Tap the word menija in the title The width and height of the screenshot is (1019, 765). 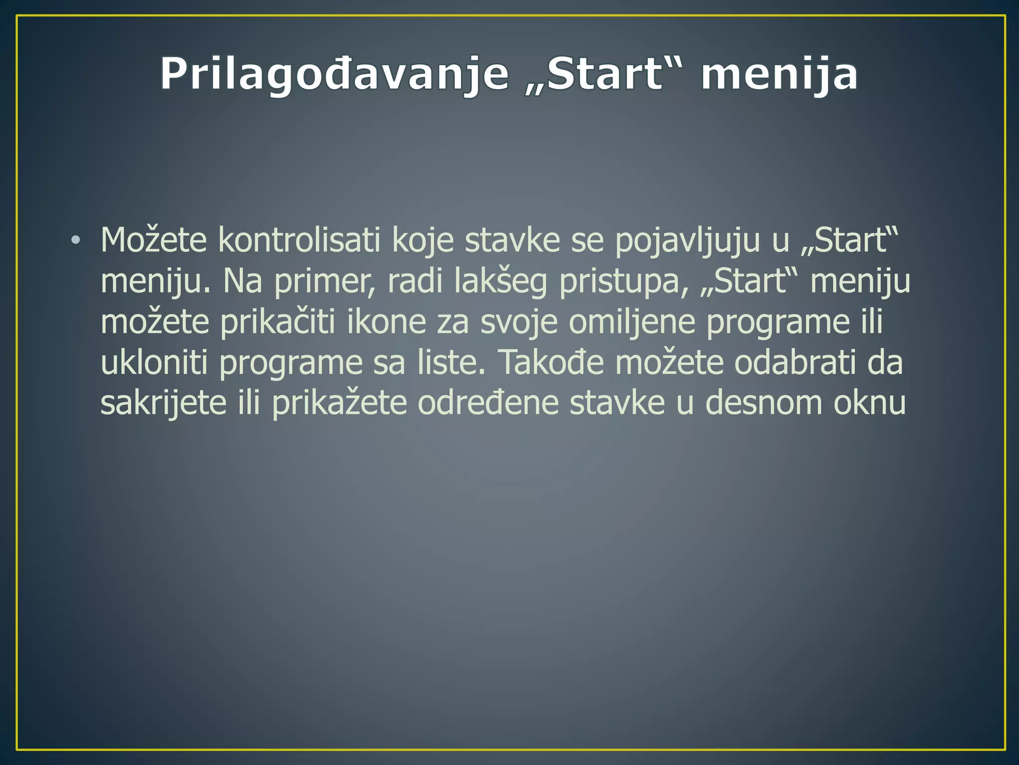point(779,75)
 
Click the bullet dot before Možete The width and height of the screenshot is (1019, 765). point(75,241)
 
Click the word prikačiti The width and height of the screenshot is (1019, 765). point(278,323)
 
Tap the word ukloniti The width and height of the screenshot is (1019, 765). point(154,362)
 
